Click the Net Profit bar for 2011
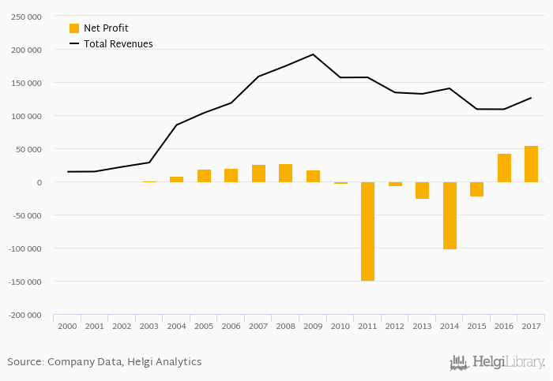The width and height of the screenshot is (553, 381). click(367, 231)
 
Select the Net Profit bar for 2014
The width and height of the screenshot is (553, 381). click(450, 215)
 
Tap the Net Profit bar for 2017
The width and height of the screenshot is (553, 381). click(531, 164)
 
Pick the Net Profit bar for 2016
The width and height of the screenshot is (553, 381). click(504, 168)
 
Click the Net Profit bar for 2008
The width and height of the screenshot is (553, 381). click(285, 173)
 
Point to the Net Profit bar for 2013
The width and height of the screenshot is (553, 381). click(422, 190)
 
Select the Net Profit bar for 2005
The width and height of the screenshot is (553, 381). click(204, 176)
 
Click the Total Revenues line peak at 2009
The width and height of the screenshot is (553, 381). click(313, 54)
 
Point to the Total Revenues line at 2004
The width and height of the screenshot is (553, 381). click(176, 125)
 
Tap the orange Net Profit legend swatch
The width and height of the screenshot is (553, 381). click(74, 28)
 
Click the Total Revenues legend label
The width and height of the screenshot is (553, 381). click(118, 44)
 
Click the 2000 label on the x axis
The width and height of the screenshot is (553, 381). click(67, 326)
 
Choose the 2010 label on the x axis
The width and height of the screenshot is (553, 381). click(340, 326)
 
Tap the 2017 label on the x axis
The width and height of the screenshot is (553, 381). click(531, 326)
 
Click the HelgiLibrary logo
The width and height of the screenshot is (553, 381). click(497, 362)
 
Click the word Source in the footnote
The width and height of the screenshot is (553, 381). click(24, 362)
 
